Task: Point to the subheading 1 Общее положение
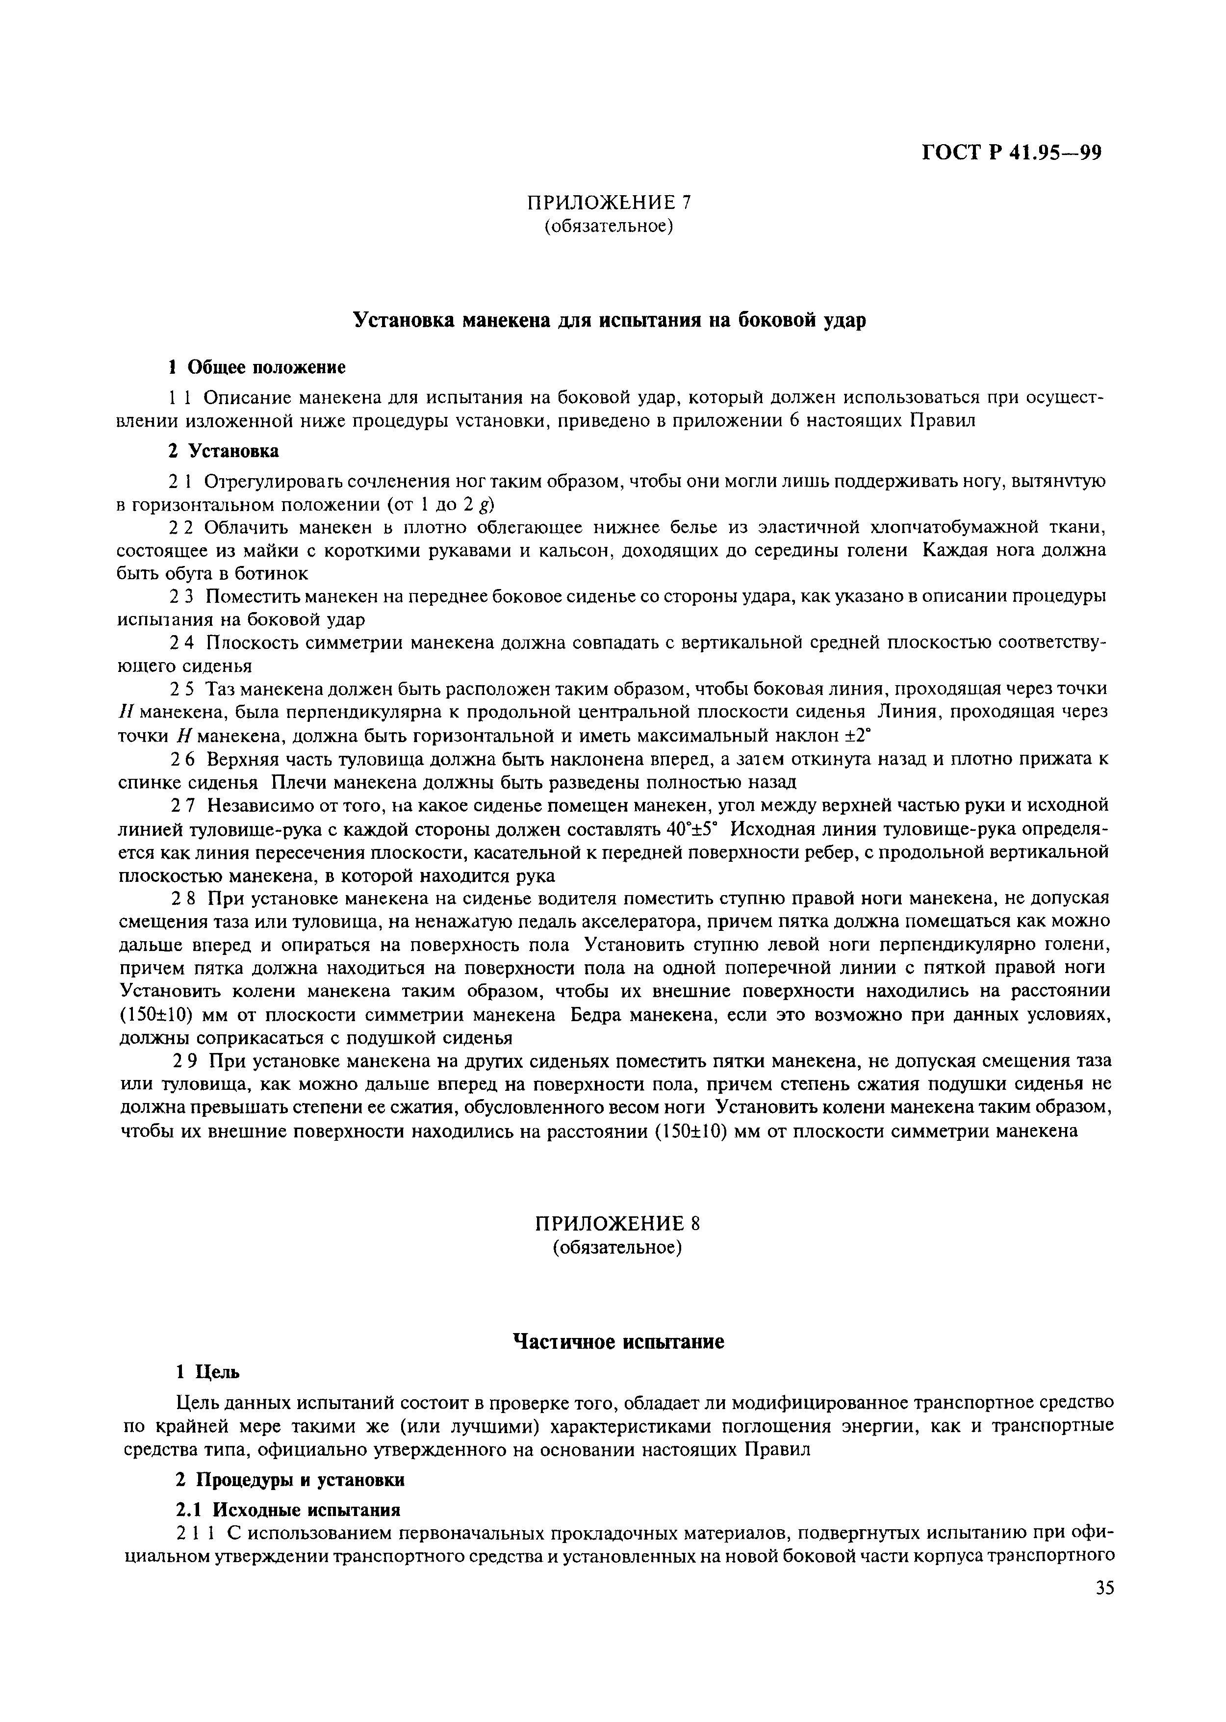point(256,368)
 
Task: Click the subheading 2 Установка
point(224,451)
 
